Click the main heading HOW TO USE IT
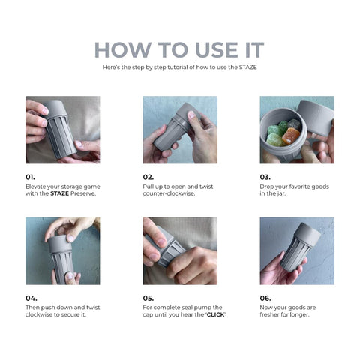(179, 50)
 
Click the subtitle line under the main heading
(179, 67)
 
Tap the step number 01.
(31, 177)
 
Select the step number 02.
(148, 177)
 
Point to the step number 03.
(265, 177)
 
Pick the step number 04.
(31, 298)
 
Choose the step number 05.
(148, 298)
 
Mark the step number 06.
(266, 298)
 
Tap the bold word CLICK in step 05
(215, 314)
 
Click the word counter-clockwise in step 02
(169, 193)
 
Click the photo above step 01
(62, 130)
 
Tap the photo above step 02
(180, 130)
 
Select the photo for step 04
(62, 250)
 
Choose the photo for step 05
(180, 250)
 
